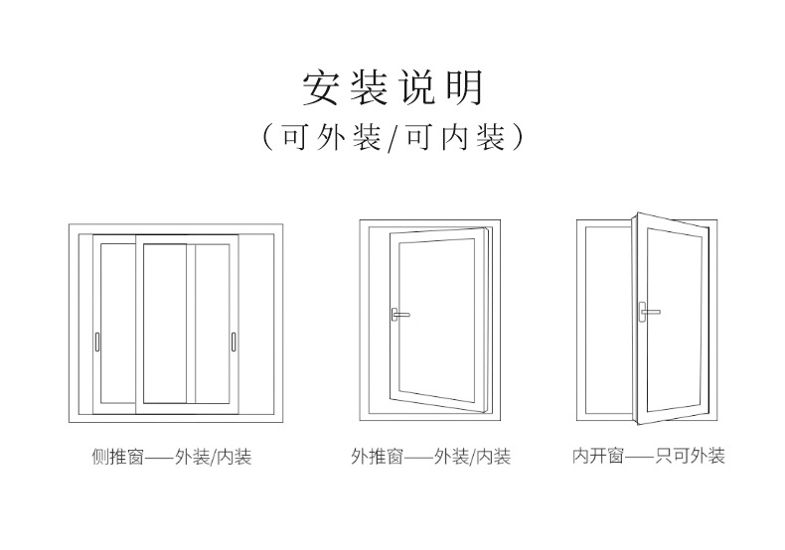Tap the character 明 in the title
pos(462,87)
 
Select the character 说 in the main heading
pos(416,87)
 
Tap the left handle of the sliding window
pos(96,342)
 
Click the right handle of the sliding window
pos(232,342)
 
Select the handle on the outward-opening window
pos(399,314)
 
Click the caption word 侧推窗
pos(116,459)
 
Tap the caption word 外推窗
pos(377,458)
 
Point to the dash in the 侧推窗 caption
pos(158,459)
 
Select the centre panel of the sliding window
pos(164,324)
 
